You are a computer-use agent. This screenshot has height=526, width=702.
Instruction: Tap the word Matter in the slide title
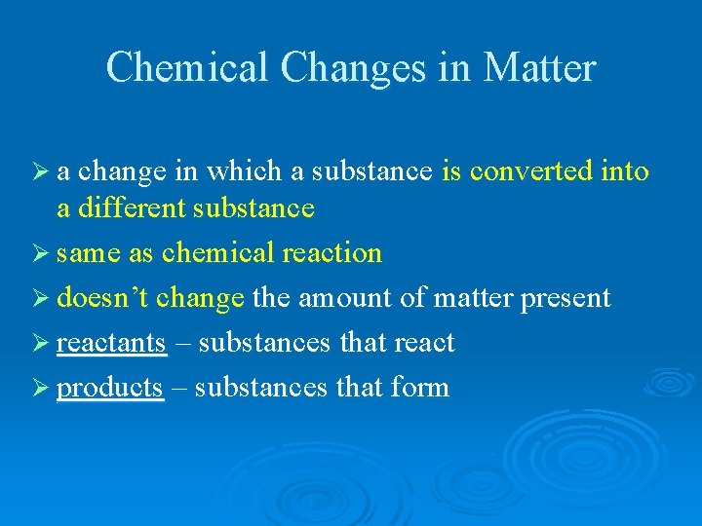click(539, 68)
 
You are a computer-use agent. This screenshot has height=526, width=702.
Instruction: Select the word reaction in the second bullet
click(331, 253)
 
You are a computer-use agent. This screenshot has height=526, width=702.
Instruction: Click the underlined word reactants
click(111, 343)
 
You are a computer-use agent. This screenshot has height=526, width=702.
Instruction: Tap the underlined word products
click(109, 389)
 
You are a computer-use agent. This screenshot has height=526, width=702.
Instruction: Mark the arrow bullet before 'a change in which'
click(42, 172)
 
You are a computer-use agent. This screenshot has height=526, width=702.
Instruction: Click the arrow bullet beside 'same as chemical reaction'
click(42, 253)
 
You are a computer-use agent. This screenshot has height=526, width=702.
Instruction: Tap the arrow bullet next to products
click(42, 388)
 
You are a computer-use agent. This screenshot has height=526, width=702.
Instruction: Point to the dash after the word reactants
click(181, 344)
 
